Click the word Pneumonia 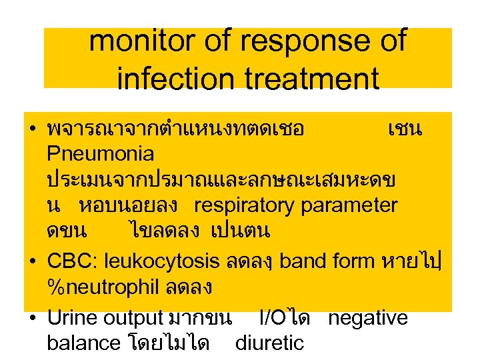(101, 154)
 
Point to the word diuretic (269, 343)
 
